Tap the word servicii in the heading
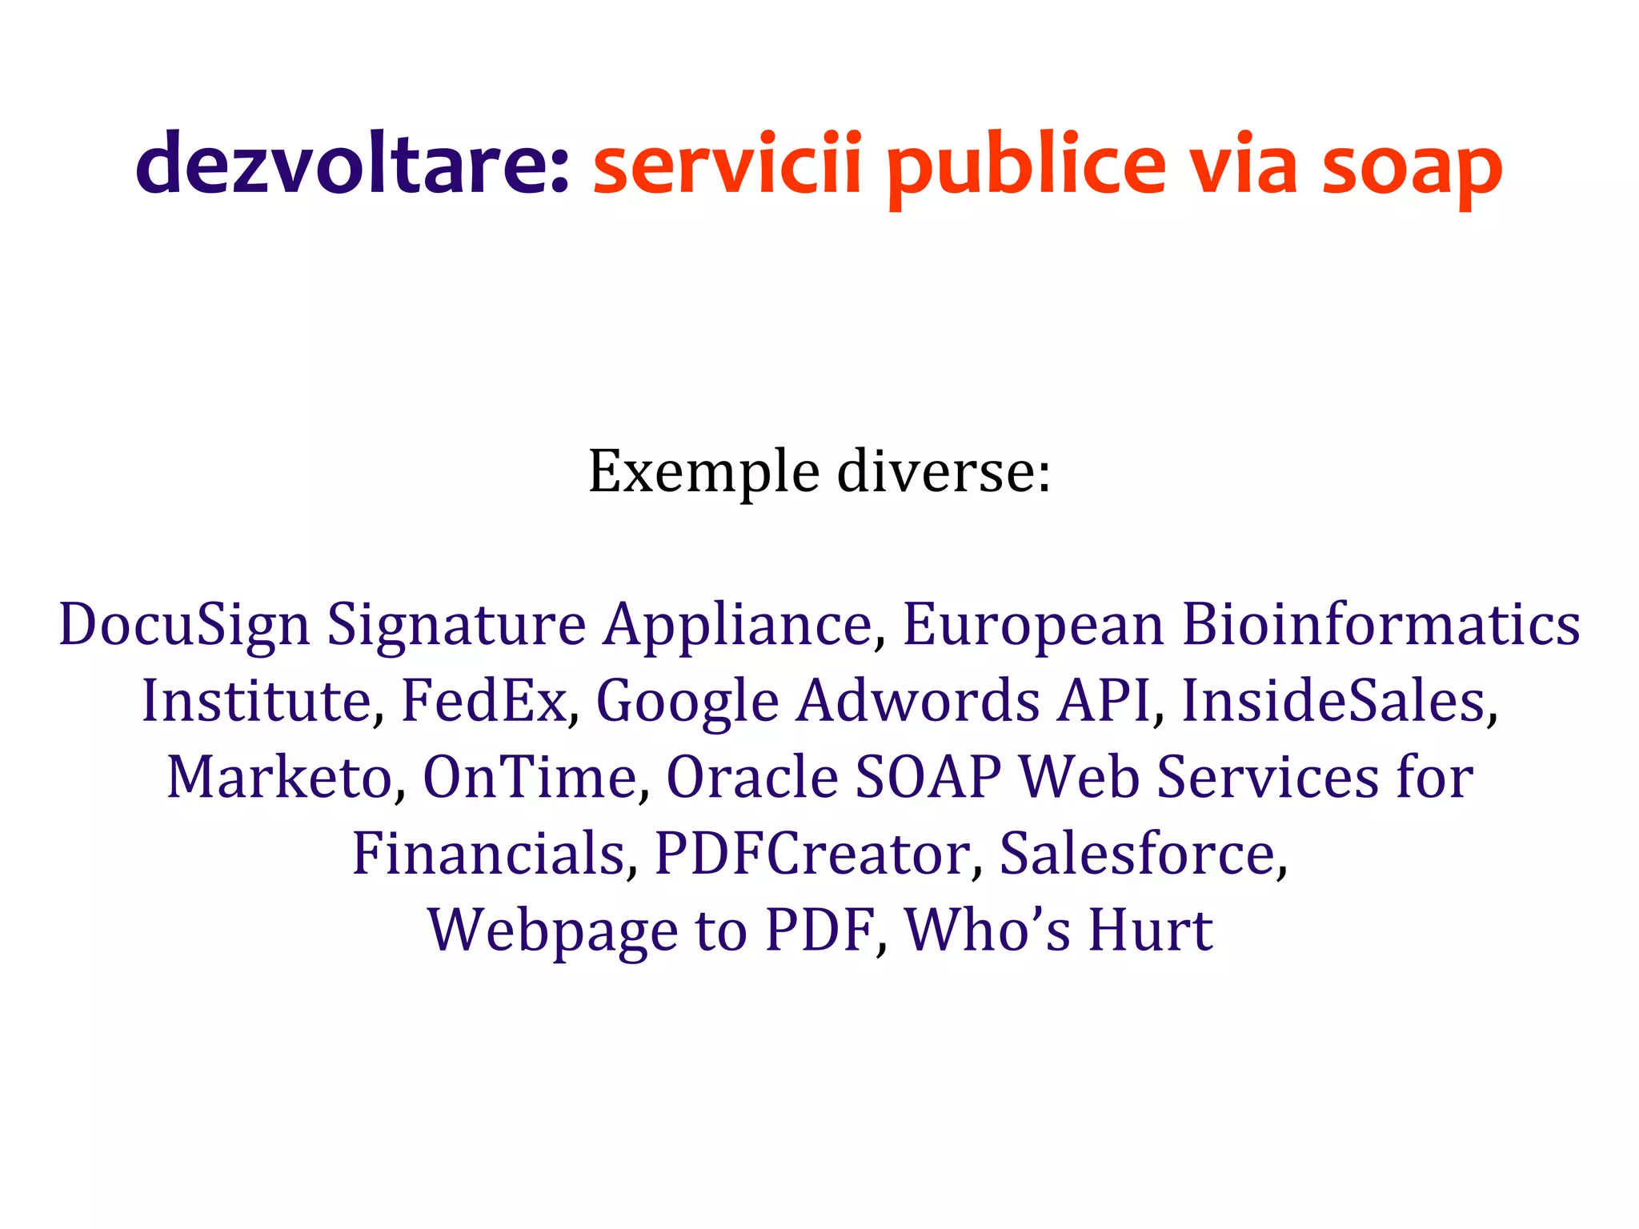point(727,164)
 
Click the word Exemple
point(703,472)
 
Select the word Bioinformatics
point(1381,624)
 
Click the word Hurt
point(1151,931)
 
